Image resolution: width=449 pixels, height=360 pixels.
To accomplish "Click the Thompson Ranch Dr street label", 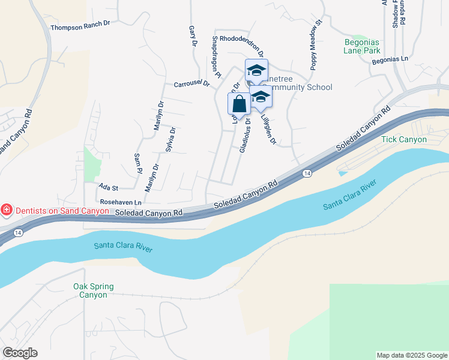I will click(x=81, y=26).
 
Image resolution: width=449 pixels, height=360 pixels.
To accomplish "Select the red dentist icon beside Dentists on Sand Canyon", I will click(x=7, y=210).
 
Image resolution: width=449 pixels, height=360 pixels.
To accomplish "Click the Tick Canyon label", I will click(x=404, y=140).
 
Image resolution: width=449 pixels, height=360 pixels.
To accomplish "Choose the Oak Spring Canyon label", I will click(x=93, y=290).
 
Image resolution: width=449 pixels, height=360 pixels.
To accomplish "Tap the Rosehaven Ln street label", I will click(x=121, y=202).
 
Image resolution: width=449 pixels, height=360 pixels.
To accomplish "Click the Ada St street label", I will click(x=109, y=188).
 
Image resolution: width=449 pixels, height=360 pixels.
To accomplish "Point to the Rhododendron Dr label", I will click(x=242, y=38).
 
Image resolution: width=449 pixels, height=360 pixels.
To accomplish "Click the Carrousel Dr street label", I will click(x=191, y=84).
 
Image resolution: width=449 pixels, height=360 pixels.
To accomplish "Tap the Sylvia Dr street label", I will click(x=170, y=140).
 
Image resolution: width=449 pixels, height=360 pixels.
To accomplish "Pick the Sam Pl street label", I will click(x=137, y=160).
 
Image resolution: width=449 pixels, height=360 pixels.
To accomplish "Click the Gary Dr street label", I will click(x=193, y=36).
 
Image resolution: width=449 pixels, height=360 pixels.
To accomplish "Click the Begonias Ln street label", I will click(x=390, y=59).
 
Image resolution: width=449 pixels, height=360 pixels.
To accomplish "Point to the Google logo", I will click(x=19, y=353).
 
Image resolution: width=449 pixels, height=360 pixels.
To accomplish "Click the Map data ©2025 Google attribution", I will click(x=411, y=355).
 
